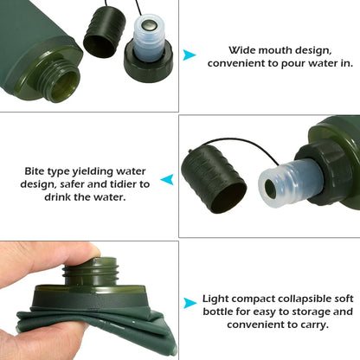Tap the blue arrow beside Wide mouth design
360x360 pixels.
(190, 56)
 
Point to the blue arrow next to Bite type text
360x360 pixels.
(168, 180)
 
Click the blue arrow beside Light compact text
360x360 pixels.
(190, 303)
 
